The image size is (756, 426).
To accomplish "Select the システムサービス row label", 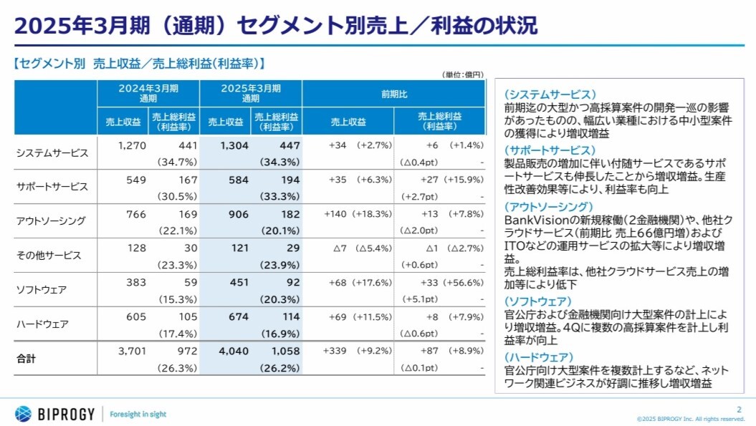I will click(x=52, y=153).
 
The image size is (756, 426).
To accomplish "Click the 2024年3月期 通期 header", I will click(x=148, y=93).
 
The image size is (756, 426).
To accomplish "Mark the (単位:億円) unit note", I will click(x=464, y=75).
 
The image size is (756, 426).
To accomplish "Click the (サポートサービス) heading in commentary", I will click(x=550, y=150).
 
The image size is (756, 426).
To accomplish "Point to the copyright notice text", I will click(x=691, y=419).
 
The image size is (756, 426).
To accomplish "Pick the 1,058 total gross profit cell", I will click(x=282, y=352).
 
